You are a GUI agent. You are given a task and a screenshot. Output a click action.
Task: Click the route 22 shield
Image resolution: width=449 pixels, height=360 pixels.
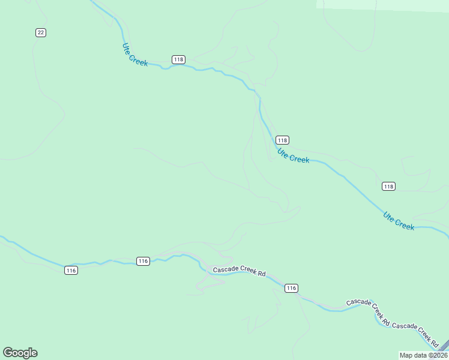coord(40,32)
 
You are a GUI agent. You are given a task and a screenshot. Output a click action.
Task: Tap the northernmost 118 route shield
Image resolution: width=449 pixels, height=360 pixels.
coord(178,59)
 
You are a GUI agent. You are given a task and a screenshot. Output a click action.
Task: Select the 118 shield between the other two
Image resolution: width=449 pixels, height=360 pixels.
coord(283,140)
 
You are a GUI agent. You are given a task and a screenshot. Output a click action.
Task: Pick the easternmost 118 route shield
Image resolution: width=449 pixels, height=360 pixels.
coord(388,187)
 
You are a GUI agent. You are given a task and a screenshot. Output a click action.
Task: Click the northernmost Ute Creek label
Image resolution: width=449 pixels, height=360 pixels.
coord(135,54)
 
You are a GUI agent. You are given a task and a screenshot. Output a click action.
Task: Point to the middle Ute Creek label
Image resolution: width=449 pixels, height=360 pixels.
coord(294,156)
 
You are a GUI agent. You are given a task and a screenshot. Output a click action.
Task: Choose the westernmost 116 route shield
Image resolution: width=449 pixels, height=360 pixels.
coord(71,271)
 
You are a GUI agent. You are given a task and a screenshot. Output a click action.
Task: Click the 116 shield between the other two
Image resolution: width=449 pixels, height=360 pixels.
coord(142,261)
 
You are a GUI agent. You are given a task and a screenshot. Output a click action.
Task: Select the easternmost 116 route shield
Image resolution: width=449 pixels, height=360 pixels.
coord(291,289)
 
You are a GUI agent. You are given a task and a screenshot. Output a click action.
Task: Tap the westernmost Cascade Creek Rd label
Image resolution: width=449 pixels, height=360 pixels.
coord(240,271)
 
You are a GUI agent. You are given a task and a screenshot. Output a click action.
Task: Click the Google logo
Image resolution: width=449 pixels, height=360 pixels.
coord(20,353)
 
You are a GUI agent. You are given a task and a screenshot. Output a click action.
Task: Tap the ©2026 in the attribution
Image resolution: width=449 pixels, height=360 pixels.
coord(438,355)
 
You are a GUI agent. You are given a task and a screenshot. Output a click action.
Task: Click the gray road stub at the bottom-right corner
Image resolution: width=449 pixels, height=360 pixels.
coord(444,347)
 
